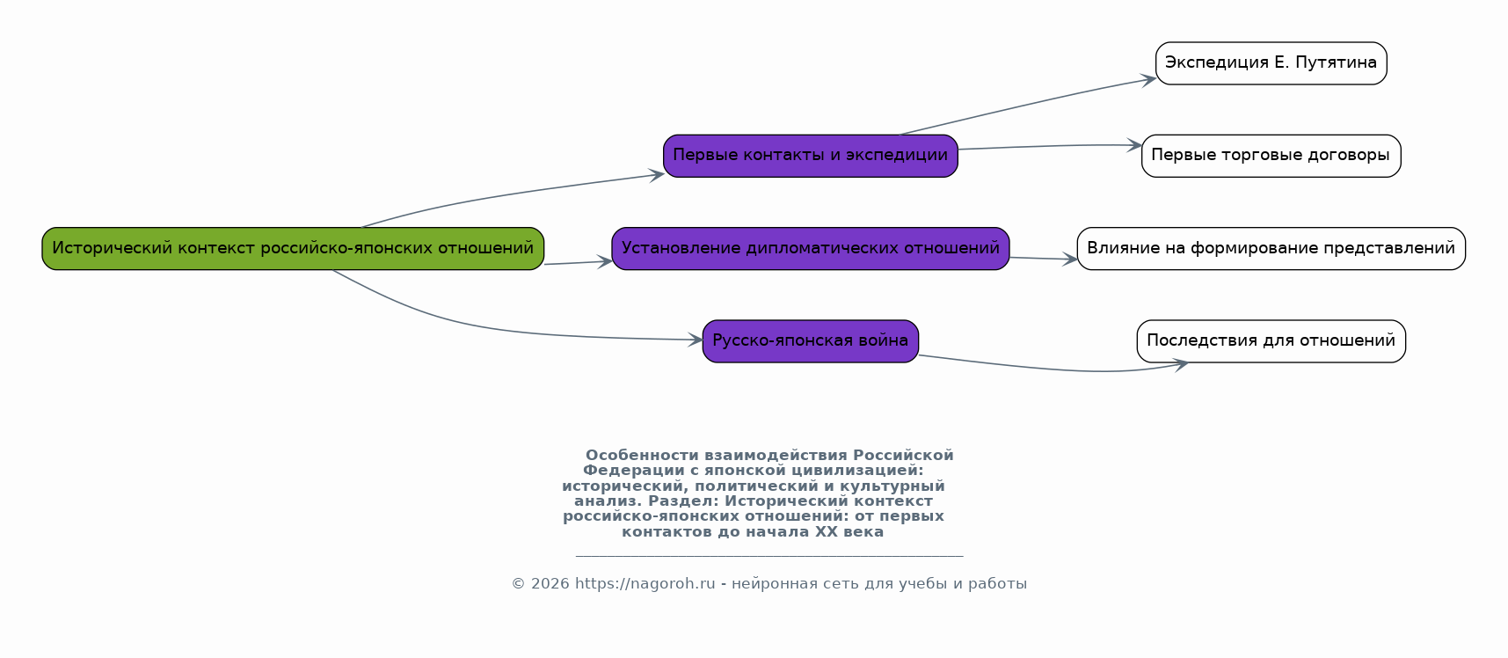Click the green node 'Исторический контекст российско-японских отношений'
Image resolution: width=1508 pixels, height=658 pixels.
click(293, 248)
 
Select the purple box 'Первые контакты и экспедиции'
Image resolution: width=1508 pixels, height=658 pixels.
click(811, 156)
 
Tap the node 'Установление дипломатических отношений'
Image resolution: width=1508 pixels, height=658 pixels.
click(811, 248)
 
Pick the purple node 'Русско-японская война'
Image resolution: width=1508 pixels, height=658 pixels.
click(811, 341)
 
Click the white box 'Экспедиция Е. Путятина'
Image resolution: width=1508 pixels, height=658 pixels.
click(1271, 63)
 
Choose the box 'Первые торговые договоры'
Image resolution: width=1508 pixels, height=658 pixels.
click(1271, 156)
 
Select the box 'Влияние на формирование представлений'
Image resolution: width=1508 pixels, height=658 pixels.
click(1271, 248)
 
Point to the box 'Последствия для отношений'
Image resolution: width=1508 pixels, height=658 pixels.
click(1271, 341)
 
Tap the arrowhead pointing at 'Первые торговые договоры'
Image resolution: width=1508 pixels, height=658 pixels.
click(1134, 145)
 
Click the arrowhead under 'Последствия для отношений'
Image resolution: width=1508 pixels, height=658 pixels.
click(1180, 363)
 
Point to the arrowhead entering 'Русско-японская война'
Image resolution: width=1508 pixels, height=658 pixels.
click(695, 340)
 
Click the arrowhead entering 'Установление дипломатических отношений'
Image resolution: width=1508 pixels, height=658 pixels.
click(604, 261)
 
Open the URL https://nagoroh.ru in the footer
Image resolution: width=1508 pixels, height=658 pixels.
click(645, 584)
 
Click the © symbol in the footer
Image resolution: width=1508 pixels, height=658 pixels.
click(519, 584)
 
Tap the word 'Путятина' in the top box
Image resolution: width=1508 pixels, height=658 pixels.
click(1337, 62)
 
